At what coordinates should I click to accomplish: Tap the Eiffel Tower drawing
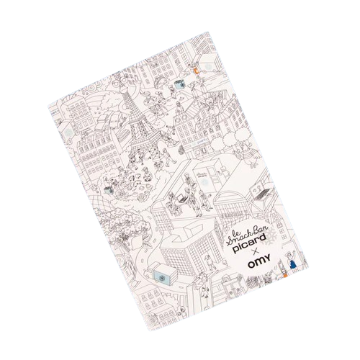coord(138,130)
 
